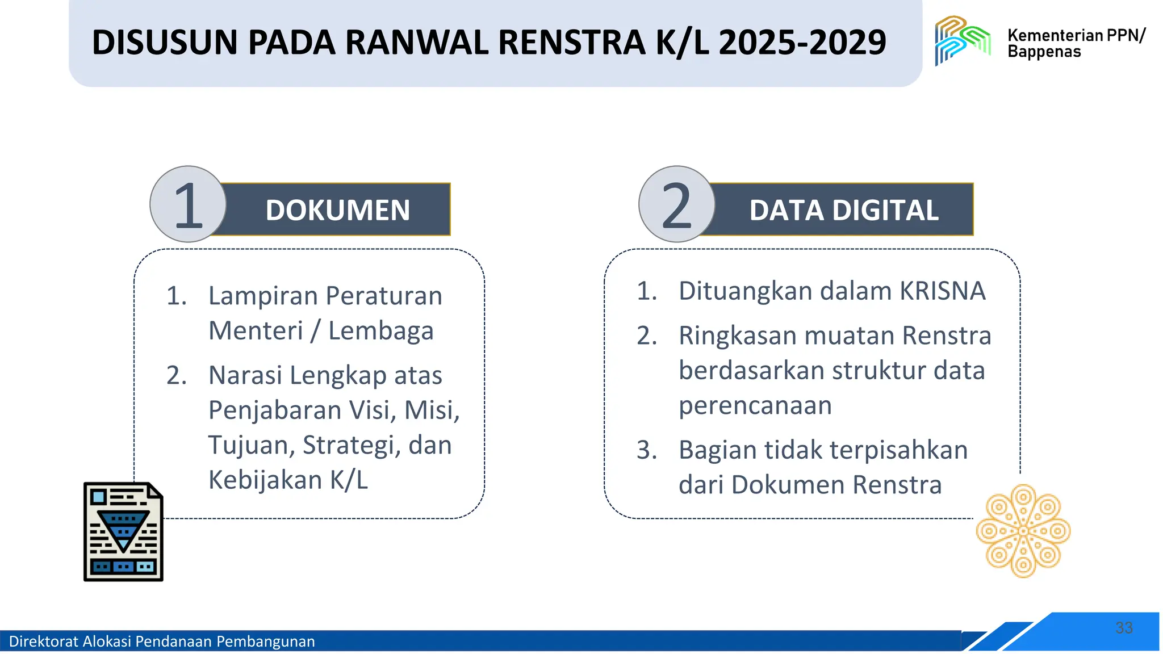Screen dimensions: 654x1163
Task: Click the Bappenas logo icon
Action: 962,40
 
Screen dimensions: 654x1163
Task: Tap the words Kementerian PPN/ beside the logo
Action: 1076,35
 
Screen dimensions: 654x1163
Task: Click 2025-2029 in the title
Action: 802,43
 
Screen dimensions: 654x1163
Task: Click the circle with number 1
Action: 188,204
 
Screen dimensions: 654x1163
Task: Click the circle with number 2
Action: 676,204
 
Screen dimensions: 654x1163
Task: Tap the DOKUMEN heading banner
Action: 337,210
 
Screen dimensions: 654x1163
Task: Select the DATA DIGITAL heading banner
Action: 843,210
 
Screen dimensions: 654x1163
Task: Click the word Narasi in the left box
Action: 245,375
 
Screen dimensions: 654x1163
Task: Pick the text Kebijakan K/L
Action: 288,480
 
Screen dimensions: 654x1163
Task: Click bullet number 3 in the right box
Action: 646,450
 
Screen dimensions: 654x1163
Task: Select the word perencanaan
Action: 755,405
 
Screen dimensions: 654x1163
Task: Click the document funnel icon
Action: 123,531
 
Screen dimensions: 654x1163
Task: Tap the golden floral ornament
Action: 1023,531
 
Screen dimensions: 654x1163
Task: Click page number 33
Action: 1124,627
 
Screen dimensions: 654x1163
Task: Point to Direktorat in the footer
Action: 44,642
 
